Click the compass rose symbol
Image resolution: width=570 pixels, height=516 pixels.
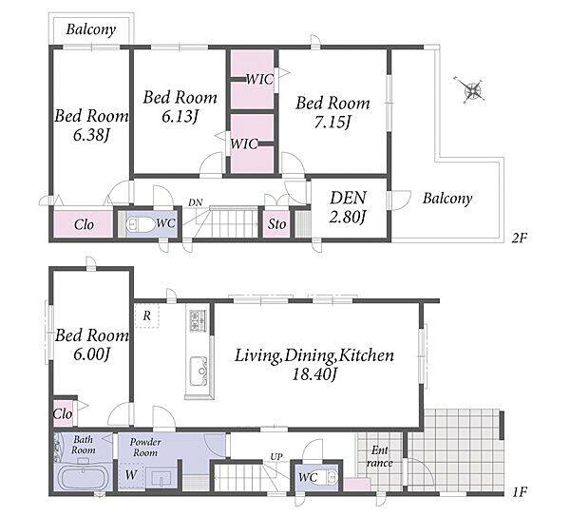click(x=472, y=90)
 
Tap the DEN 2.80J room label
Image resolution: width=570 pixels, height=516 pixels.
click(x=348, y=207)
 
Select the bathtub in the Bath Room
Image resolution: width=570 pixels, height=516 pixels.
click(x=84, y=478)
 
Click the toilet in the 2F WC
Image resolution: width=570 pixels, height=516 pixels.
click(x=140, y=224)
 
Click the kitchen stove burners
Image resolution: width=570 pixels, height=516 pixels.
click(x=198, y=320)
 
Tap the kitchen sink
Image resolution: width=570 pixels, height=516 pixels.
click(x=199, y=371)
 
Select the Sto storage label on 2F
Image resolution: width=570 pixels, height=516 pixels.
click(x=277, y=224)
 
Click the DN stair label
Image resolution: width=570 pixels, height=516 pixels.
click(x=196, y=202)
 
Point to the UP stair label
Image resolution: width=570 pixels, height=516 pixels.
click(x=276, y=456)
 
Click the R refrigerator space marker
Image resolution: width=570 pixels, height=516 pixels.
click(x=147, y=315)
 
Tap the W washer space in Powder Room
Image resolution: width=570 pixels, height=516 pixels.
click(x=131, y=474)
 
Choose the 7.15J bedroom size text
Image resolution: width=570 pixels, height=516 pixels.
click(x=332, y=122)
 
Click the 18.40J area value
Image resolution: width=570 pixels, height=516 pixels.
click(x=313, y=373)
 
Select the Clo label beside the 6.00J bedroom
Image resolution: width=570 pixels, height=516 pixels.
click(x=63, y=413)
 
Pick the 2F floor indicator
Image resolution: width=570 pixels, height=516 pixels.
click(x=520, y=238)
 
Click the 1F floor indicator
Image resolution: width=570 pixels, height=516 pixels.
click(x=520, y=492)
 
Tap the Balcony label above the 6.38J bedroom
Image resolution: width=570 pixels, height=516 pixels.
click(x=91, y=29)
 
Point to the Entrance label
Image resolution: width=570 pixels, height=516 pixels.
click(x=379, y=457)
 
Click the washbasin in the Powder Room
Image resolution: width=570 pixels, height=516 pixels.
click(x=161, y=478)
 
